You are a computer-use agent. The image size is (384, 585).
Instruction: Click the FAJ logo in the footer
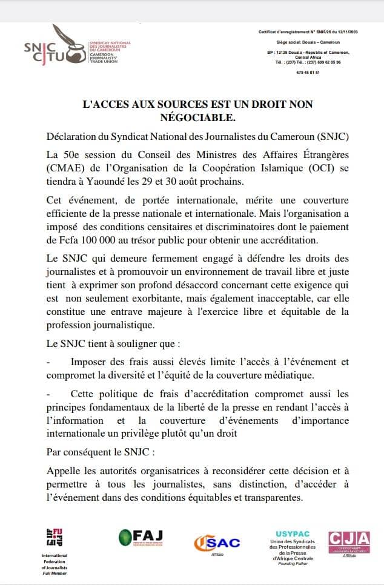point(141,537)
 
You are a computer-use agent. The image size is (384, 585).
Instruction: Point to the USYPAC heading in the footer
point(293,533)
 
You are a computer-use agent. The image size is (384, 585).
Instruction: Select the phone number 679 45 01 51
point(308,72)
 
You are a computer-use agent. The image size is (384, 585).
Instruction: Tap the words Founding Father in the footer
point(293,564)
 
